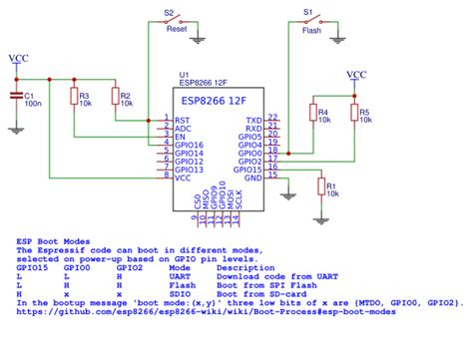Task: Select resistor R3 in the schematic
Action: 73,96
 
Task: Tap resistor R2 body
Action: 114,96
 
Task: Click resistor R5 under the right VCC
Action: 352,114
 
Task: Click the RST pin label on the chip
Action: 181,119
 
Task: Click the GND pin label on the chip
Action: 253,179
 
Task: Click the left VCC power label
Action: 17,60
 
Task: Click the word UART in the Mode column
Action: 180,275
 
